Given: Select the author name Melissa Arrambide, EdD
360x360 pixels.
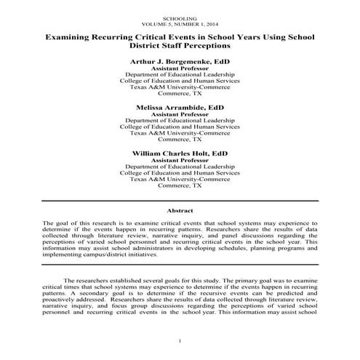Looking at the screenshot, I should (180, 108).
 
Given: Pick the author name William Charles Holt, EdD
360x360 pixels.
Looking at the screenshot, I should (180, 153).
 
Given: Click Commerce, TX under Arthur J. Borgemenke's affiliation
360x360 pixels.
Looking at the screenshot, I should (180, 95).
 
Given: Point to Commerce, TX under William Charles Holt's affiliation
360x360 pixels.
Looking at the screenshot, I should (180, 187).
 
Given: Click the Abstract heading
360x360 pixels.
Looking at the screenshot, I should (180, 209).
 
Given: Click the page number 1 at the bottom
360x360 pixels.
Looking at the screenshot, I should (180, 342).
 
